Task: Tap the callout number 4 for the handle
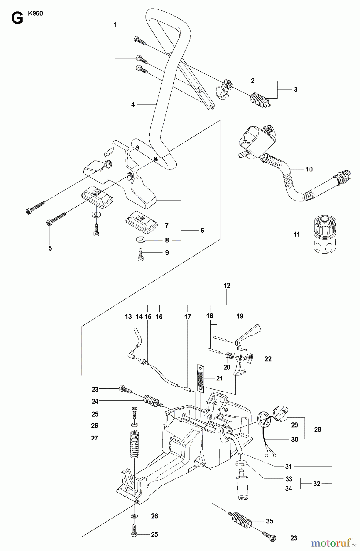(133, 105)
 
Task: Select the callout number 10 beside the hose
(309, 169)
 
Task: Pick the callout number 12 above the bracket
(227, 285)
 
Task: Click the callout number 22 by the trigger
(268, 359)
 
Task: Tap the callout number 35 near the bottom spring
(269, 521)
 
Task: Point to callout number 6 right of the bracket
(202, 230)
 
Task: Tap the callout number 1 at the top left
(115, 25)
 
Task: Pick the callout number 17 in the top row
(187, 317)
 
